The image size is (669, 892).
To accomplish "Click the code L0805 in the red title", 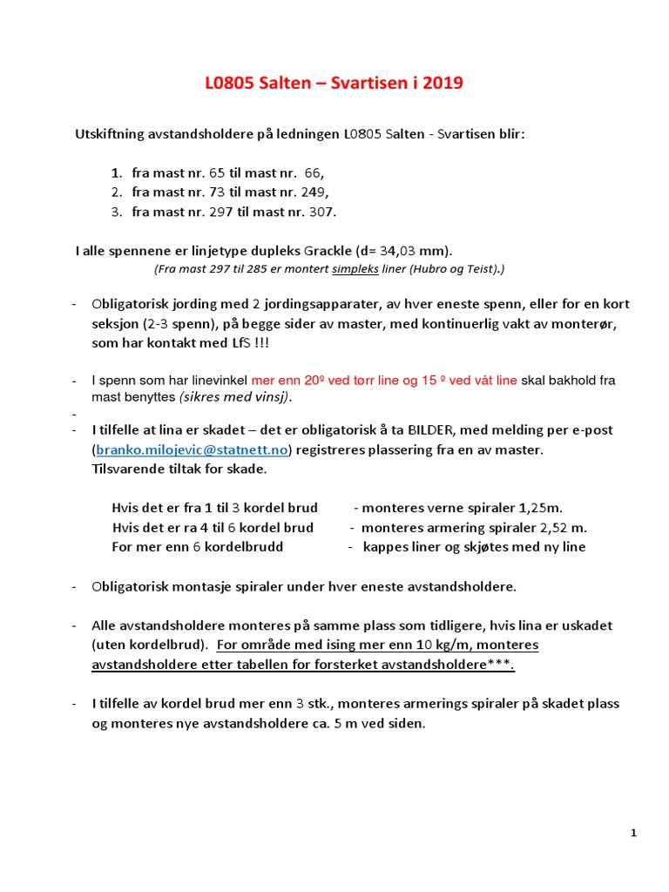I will (230, 84).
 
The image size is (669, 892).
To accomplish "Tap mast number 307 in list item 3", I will (321, 212).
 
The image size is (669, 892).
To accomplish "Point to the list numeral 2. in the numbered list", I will (117, 192).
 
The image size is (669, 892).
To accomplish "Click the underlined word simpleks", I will (355, 269).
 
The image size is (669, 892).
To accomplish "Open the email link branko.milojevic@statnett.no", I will (192, 449).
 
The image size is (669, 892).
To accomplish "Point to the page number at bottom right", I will (633, 834).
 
